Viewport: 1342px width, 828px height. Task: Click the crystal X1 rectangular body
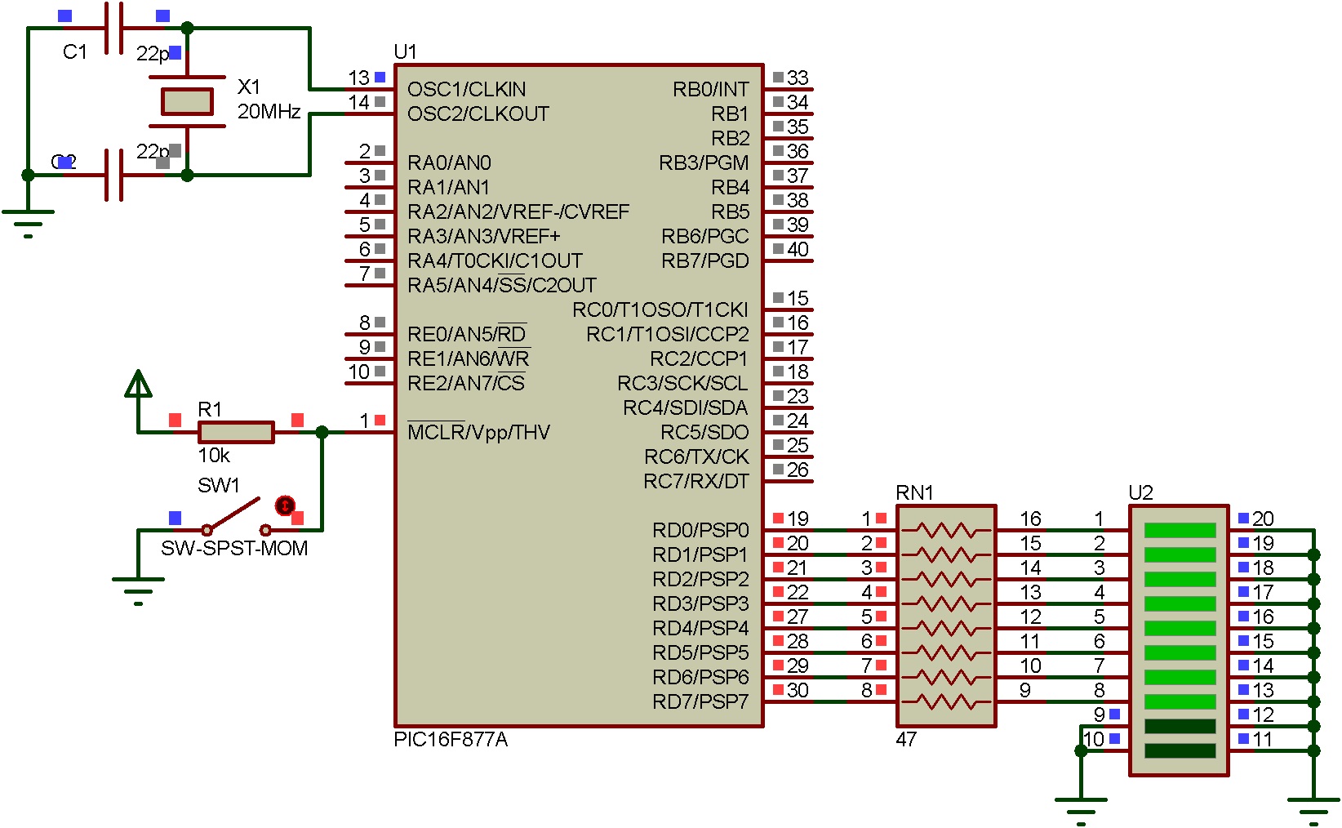click(187, 101)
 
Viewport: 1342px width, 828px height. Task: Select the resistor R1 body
click(236, 432)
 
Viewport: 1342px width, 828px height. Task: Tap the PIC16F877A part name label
click(451, 740)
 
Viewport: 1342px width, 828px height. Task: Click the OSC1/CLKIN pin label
click(466, 89)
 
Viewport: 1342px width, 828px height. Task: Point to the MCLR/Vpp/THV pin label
click(478, 432)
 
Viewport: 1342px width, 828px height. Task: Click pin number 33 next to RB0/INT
click(798, 78)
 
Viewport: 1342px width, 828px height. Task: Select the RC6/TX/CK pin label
click(696, 456)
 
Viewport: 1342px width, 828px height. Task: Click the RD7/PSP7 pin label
click(700, 701)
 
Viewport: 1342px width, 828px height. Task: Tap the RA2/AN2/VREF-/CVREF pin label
click(518, 211)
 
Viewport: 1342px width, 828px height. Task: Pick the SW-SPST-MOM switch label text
click(234, 548)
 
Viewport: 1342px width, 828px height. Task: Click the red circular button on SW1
click(284, 505)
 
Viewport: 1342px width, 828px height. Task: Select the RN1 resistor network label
click(914, 492)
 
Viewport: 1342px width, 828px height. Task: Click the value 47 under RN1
click(906, 739)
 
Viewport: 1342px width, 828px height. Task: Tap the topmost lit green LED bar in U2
click(1180, 530)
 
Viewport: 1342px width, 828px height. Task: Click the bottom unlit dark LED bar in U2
click(1180, 750)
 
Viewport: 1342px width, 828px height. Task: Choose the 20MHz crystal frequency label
click(269, 111)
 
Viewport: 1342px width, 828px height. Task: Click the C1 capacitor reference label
click(74, 51)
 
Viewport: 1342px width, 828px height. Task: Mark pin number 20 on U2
click(1263, 519)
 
